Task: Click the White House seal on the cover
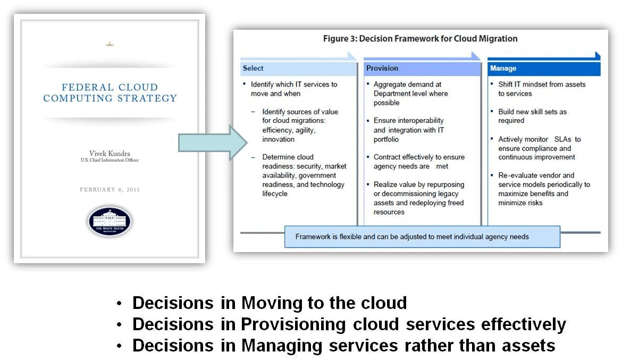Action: click(110, 221)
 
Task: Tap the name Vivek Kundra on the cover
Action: click(110, 153)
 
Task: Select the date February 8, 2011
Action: click(110, 189)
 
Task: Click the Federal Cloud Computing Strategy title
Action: click(110, 93)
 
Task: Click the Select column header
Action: click(253, 68)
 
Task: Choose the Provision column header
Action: click(382, 68)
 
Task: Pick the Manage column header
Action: click(503, 68)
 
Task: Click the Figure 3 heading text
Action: click(420, 38)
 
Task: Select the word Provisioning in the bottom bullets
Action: click(293, 324)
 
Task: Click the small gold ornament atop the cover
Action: click(110, 44)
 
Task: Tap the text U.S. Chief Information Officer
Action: click(110, 160)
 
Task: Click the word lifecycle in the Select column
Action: click(275, 194)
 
